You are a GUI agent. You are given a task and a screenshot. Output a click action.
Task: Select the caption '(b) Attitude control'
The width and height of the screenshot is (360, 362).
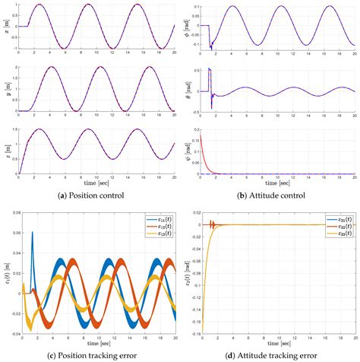(270, 196)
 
